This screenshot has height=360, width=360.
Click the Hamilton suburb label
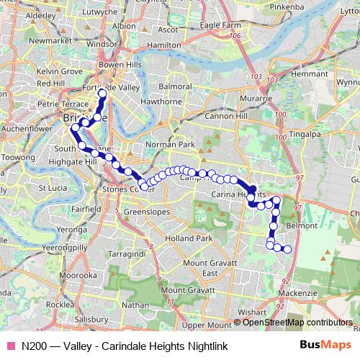pos(164,45)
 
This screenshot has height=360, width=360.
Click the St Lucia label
pos(53,188)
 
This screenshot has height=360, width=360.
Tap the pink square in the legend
pos(10,346)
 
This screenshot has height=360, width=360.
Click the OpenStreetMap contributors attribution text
pos(297,323)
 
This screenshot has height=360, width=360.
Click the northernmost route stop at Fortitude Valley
pos(102,94)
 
